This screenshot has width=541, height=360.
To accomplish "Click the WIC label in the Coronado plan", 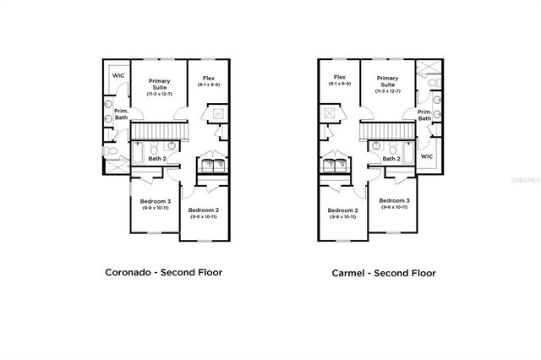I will click(x=117, y=76).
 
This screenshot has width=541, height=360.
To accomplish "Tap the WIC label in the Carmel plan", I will click(x=427, y=156).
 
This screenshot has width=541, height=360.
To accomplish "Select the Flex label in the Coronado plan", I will click(x=209, y=79).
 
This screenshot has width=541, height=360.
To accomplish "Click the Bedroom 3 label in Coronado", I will click(x=156, y=201).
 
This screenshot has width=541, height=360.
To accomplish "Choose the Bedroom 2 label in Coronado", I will click(x=204, y=210).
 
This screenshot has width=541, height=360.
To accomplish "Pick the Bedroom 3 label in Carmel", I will click(x=394, y=201).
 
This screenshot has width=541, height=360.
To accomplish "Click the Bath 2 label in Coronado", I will click(x=156, y=158).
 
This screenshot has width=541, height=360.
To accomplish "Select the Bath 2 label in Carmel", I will click(x=391, y=158).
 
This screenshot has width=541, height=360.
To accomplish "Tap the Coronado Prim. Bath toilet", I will click(x=111, y=151).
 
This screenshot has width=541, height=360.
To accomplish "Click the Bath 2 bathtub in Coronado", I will click(x=137, y=157).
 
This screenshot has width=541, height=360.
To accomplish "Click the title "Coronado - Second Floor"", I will click(x=163, y=273).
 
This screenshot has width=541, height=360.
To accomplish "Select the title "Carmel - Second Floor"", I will click(x=384, y=273).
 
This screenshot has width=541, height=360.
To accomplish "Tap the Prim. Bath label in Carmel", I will click(x=424, y=114).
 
